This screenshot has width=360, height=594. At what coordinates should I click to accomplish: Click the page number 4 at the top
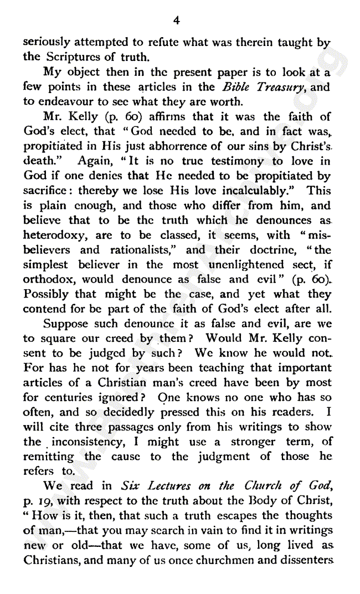(176, 21)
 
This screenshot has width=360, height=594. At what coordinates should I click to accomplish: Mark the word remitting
(48, 457)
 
